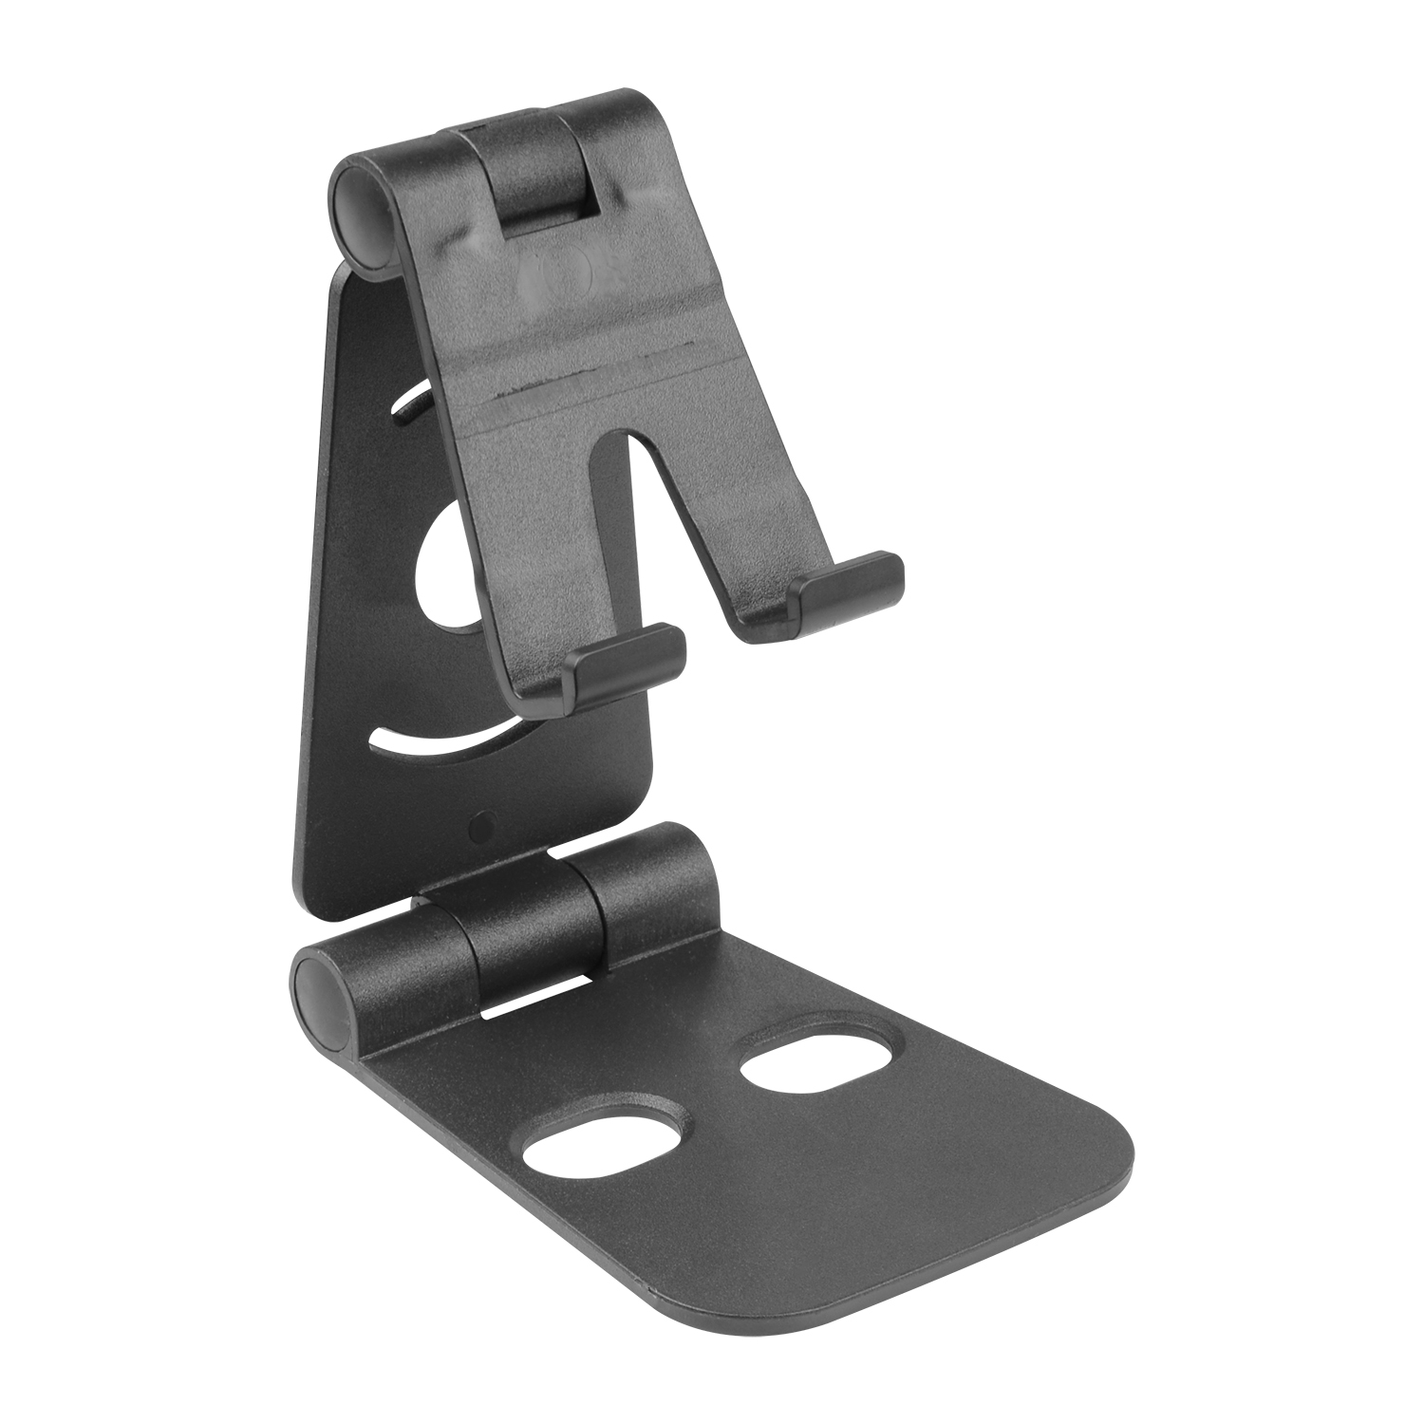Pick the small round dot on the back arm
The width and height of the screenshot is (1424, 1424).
tap(482, 827)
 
